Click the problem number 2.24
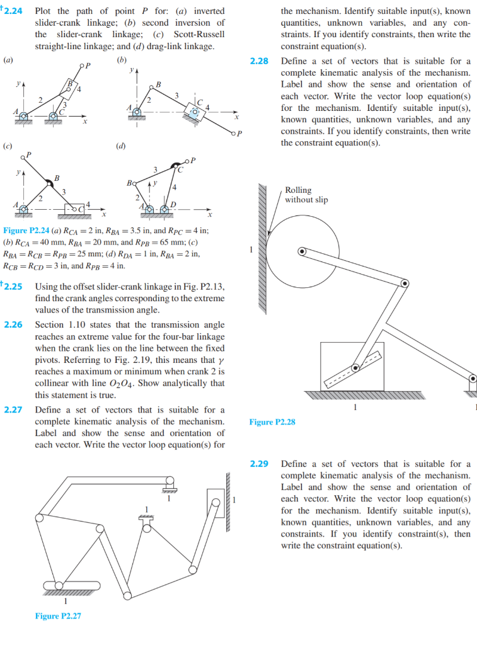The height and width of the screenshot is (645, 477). tap(13, 11)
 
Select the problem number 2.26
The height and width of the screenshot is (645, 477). tap(13, 325)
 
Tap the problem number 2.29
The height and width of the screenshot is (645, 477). tap(259, 464)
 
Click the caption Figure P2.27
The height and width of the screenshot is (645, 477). tap(57, 615)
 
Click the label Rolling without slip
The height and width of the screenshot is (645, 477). tap(306, 195)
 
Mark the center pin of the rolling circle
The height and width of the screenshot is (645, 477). tap(302, 251)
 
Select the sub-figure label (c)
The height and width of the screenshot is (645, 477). tap(8, 146)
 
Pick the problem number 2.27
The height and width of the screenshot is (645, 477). tap(13, 410)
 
